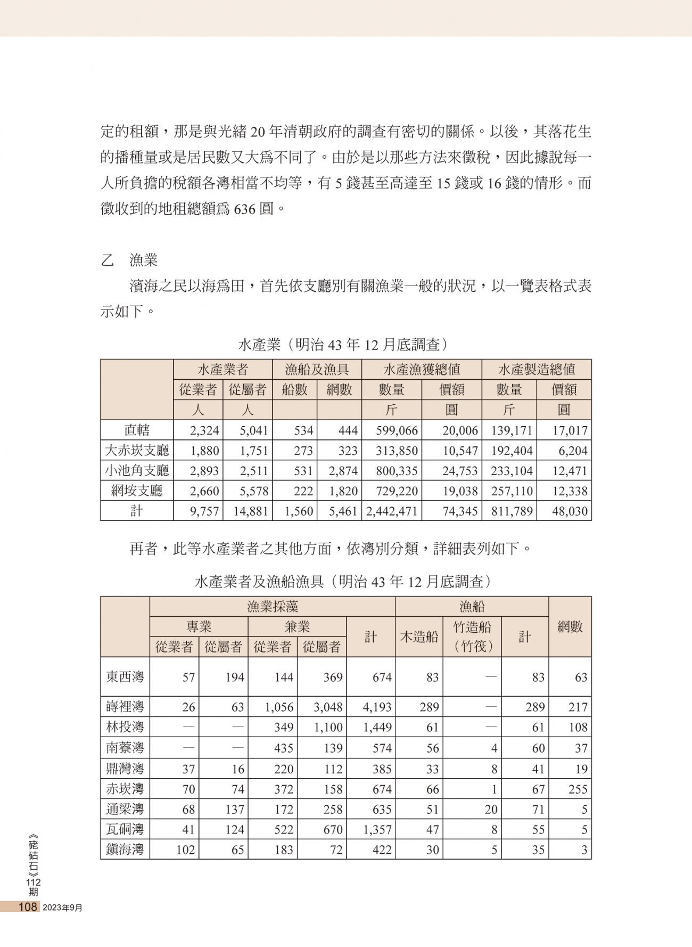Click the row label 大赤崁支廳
[x=137, y=451]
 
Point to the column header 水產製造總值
[x=536, y=369]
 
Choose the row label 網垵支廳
[x=137, y=491]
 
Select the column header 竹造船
[x=472, y=627]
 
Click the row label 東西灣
[x=125, y=677]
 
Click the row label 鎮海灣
[x=125, y=850]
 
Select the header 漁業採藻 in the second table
[x=273, y=607]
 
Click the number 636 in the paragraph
[x=245, y=209]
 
